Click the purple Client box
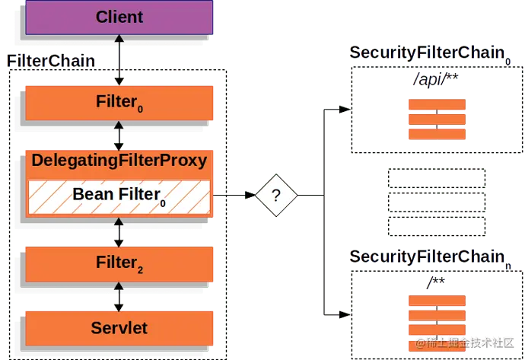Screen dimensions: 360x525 [119, 17]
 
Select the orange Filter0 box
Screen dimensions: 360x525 [119, 103]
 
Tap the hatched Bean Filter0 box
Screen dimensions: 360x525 [119, 196]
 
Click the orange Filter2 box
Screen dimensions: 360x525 [119, 264]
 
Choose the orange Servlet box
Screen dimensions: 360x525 [119, 328]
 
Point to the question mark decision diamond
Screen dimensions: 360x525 [275, 196]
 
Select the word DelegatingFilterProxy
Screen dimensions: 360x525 [119, 161]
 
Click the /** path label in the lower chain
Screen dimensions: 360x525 [435, 283]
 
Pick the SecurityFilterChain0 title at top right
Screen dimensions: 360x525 [428, 53]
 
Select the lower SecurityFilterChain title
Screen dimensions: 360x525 [428, 256]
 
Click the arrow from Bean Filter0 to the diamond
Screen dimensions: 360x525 [234, 196]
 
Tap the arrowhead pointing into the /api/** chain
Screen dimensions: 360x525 [344, 110]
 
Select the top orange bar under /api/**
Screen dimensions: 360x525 [436, 106]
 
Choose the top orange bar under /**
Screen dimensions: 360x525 [436, 300]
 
